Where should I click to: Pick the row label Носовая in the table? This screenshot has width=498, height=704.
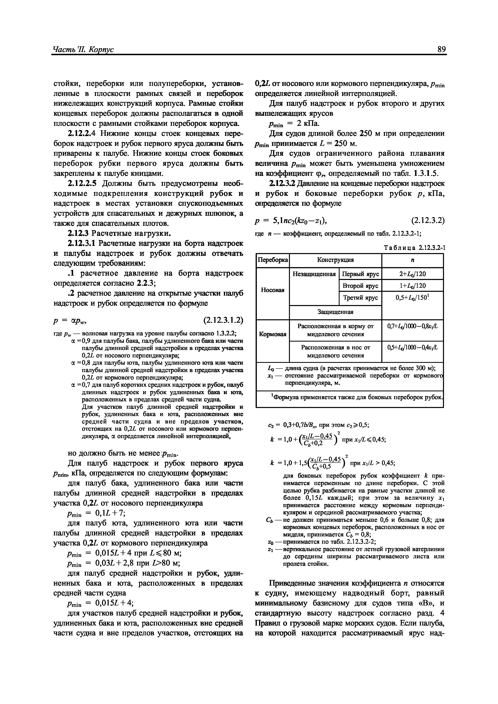click(x=272, y=290)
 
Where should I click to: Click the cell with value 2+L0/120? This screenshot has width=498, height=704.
click(x=412, y=274)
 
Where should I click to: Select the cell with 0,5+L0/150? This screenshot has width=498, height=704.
click(x=412, y=298)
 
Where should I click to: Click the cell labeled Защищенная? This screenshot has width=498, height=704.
click(x=335, y=312)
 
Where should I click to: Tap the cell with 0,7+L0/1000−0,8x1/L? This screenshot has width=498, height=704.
click(x=412, y=327)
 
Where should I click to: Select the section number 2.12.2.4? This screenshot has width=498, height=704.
click(x=82, y=134)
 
